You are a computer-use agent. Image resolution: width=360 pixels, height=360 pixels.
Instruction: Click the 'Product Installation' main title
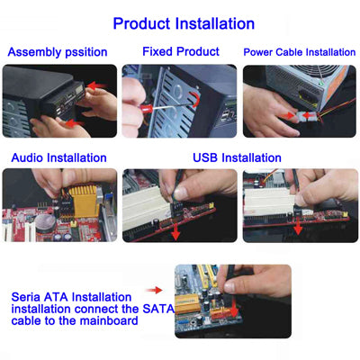pyautogui.click(x=184, y=23)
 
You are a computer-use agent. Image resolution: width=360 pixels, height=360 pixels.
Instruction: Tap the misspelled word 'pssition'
pyautogui.click(x=86, y=52)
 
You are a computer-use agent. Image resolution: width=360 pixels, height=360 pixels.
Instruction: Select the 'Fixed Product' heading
pyautogui.click(x=181, y=51)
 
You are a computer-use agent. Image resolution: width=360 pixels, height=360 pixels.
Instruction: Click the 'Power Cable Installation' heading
pyautogui.click(x=300, y=52)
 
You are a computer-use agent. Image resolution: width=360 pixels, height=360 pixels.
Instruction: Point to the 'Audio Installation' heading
pyautogui.click(x=58, y=157)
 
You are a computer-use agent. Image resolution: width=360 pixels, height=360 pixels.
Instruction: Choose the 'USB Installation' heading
pyautogui.click(x=237, y=157)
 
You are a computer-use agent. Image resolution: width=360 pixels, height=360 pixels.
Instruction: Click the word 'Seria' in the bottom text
pyautogui.click(x=26, y=297)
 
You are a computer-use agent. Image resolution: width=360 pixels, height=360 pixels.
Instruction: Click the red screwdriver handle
pyautogui.click(x=145, y=108)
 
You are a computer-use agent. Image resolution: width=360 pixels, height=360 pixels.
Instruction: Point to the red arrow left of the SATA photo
pyautogui.click(x=154, y=290)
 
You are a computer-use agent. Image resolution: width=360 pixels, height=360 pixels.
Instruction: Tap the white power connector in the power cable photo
pyautogui.click(x=305, y=116)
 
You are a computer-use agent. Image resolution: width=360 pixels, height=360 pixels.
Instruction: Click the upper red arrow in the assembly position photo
pyautogui.click(x=96, y=85)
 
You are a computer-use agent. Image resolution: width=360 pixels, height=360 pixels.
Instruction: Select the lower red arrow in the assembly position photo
pyautogui.click(x=75, y=123)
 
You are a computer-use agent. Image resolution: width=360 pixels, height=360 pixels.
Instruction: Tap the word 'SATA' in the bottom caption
pyautogui.click(x=158, y=309)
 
